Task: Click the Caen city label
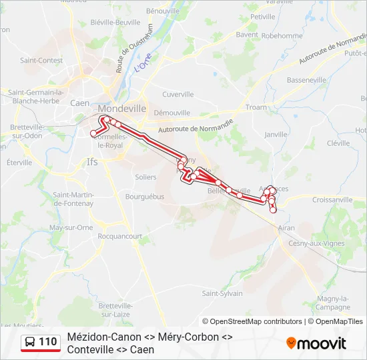79,103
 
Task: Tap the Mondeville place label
121,108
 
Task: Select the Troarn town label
256,107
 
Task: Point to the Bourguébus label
145,197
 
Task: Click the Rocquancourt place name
119,236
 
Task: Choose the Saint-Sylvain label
222,293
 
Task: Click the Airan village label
286,228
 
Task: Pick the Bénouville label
163,11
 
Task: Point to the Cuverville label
177,95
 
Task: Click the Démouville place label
172,113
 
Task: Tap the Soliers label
145,177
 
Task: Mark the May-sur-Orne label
71,227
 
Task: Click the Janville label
276,134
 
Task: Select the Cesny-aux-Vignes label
316,243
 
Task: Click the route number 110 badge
40,342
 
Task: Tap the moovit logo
316,343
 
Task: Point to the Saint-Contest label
41,60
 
